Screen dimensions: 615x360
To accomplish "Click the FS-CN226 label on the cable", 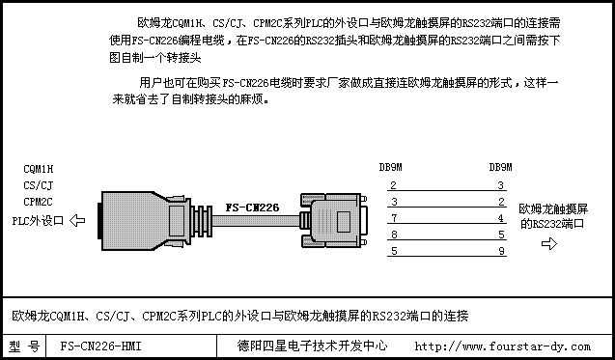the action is click(x=252, y=208).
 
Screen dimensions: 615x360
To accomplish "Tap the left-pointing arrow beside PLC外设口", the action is click(x=77, y=220).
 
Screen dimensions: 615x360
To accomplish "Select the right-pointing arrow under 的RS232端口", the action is click(x=549, y=243).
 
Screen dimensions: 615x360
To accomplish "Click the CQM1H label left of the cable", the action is click(x=38, y=170).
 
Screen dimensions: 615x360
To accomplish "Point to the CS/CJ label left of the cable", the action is click(x=38, y=185).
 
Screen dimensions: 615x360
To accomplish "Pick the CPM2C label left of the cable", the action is click(x=38, y=202).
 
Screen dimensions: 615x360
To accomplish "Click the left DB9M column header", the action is click(x=391, y=167).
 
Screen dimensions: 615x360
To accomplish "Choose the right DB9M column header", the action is click(x=500, y=167).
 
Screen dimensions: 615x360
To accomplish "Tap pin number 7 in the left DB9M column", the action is click(x=394, y=218).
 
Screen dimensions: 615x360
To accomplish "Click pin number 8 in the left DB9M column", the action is click(x=394, y=235).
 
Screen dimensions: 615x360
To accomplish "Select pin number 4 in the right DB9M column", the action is click(x=501, y=218).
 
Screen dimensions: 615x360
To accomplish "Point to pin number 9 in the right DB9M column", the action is click(x=501, y=251).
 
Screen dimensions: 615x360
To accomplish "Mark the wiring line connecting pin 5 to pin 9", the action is click(x=447, y=256).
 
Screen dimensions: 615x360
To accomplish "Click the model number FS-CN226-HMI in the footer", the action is click(x=100, y=346).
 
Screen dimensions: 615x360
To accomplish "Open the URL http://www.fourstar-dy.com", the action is click(x=502, y=346).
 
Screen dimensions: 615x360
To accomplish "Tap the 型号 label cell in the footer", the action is click(x=24, y=346).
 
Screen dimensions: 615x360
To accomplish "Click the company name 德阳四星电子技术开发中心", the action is click(x=312, y=346).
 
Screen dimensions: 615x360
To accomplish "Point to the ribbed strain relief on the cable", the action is click(x=202, y=221).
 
